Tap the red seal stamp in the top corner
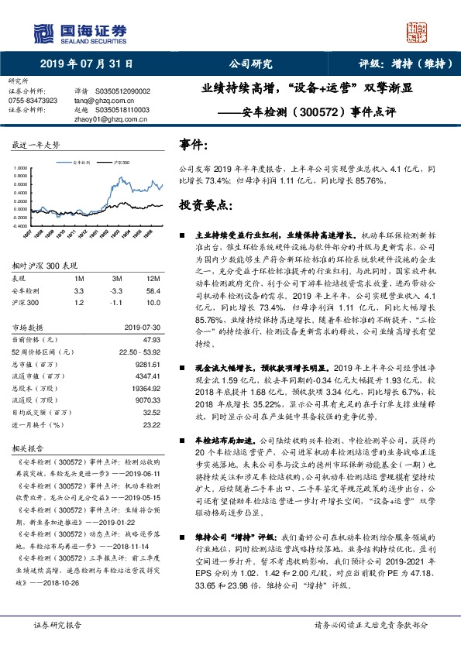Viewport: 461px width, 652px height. pos(418,33)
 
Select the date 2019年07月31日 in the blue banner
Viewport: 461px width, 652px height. pos(86,64)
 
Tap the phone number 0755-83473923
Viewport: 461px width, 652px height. pos(32,101)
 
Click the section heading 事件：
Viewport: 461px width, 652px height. pos(193,145)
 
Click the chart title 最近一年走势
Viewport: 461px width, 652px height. pos(36,145)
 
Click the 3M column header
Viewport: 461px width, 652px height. pos(117,278)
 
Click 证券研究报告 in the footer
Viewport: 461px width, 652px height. pos(57,624)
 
